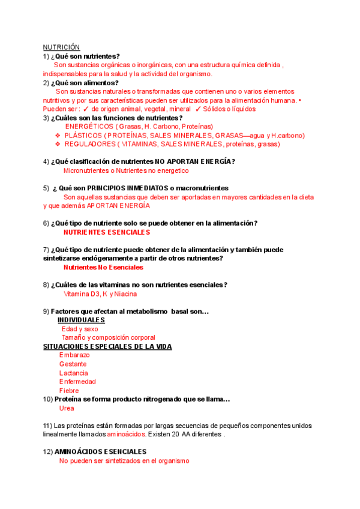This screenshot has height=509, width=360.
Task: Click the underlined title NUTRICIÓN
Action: coord(61,47)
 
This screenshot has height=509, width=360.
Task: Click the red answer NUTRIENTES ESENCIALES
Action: coord(106,232)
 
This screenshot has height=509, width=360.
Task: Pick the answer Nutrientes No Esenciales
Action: coord(103,267)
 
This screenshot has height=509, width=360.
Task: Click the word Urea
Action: coord(67,408)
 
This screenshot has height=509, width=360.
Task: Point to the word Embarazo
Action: coord(74,355)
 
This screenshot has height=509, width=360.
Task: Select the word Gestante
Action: coord(73,364)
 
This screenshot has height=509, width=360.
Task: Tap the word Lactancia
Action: coord(73,373)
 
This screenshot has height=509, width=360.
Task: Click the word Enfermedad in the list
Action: coord(77,382)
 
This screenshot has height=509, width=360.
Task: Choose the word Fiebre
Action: coord(69,391)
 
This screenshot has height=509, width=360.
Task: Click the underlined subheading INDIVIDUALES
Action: coord(81,320)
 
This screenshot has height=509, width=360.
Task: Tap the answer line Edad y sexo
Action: coord(80,329)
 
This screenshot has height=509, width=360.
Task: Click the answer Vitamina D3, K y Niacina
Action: coord(100,294)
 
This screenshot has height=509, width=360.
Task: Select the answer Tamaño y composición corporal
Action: coord(108,337)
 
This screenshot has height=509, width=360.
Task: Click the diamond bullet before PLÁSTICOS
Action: coord(58,136)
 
